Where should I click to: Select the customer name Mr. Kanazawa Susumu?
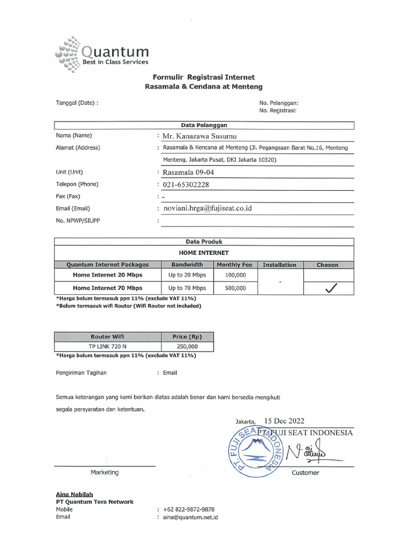[200, 137]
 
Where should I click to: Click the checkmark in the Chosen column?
[331, 288]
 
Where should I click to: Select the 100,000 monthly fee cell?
[235, 275]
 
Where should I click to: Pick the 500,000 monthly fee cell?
[235, 288]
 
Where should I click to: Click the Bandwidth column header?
[187, 264]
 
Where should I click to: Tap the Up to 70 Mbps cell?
[187, 288]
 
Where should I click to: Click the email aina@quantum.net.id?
[190, 517]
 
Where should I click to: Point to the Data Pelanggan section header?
[204, 125]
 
